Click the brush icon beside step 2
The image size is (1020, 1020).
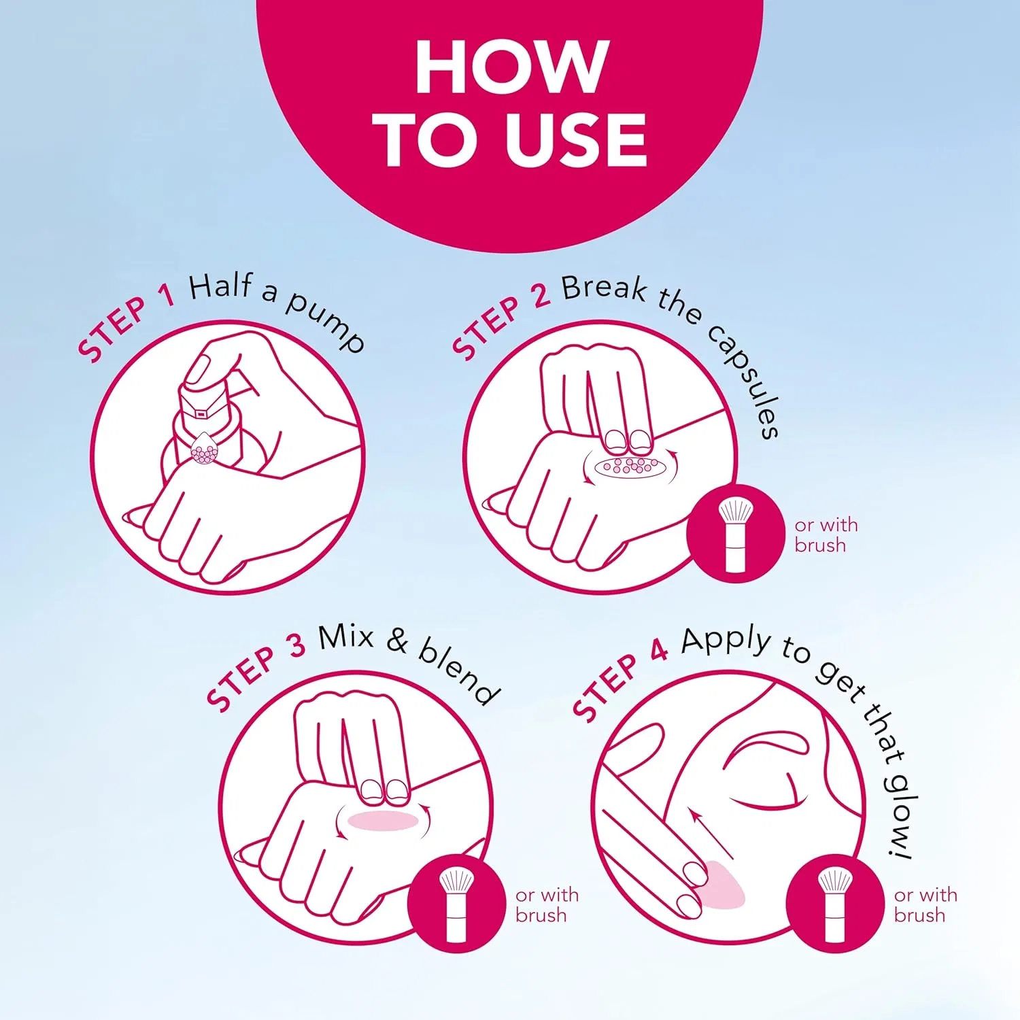pos(736,533)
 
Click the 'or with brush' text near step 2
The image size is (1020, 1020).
pos(826,535)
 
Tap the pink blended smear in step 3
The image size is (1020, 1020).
pos(384,820)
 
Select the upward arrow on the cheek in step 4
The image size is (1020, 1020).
pos(711,834)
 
